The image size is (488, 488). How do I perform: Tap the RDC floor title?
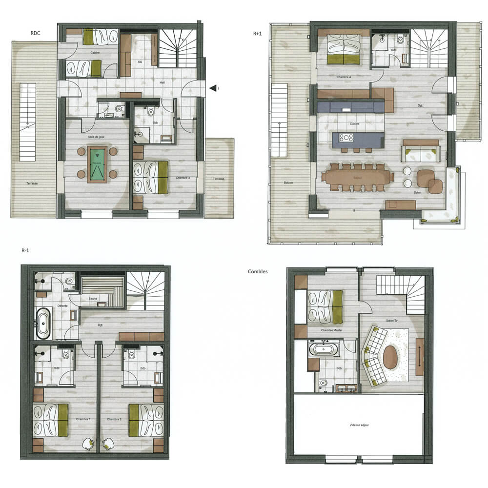[36, 34]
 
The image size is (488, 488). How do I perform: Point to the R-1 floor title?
[27, 250]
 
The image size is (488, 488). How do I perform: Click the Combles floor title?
[258, 271]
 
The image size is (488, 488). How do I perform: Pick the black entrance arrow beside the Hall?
[213, 88]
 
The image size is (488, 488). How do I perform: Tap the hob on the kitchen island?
[346, 138]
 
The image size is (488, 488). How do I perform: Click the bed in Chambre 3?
[150, 177]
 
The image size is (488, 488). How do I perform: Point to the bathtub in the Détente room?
[43, 323]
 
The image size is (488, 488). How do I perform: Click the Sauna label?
[93, 298]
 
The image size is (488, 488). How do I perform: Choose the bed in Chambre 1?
[50, 420]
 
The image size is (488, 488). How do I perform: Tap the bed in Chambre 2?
[146, 420]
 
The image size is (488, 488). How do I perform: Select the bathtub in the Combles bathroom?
[323, 349]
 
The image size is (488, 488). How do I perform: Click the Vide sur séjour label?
[359, 426]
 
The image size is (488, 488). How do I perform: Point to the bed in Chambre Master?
[325, 306]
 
